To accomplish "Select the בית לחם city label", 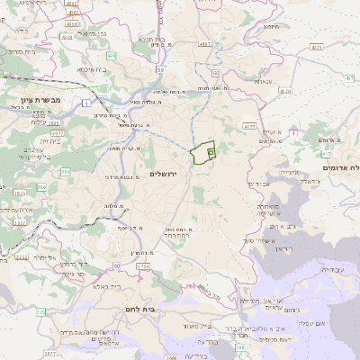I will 161,308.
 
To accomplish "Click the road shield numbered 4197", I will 205,42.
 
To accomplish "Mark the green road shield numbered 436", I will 111,55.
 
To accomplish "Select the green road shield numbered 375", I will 40,311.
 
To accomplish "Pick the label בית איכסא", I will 93,68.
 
